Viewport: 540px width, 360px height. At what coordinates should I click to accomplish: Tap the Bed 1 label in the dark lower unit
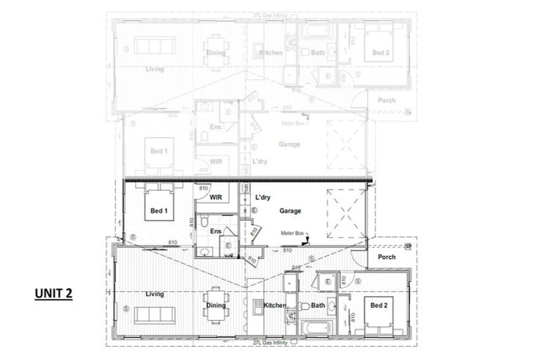pyautogui.click(x=159, y=211)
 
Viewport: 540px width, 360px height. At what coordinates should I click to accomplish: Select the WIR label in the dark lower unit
pyautogui.click(x=216, y=198)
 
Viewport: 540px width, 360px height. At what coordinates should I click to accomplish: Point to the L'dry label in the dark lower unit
pyautogui.click(x=262, y=198)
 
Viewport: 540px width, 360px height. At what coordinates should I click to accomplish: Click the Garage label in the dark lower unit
pyautogui.click(x=290, y=211)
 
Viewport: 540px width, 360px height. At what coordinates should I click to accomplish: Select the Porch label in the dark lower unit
pyautogui.click(x=387, y=257)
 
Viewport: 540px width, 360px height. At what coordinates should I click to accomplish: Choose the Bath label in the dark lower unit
pyautogui.click(x=318, y=305)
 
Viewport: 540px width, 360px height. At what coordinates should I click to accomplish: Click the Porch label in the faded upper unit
pyautogui.click(x=386, y=101)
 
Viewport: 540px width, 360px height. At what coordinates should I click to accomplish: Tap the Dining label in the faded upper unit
pyautogui.click(x=214, y=53)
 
